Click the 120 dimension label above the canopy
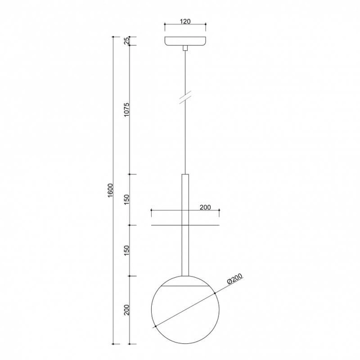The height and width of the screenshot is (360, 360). [185, 22]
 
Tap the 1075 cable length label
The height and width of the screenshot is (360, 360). [127, 110]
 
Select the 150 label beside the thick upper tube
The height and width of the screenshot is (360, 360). [127, 200]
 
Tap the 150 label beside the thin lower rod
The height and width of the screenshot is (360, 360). [127, 250]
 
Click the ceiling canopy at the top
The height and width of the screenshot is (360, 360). [185, 41]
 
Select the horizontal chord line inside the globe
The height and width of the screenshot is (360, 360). [185, 288]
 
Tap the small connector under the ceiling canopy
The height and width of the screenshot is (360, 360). [185, 48]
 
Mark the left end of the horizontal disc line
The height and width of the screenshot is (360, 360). [152, 226]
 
